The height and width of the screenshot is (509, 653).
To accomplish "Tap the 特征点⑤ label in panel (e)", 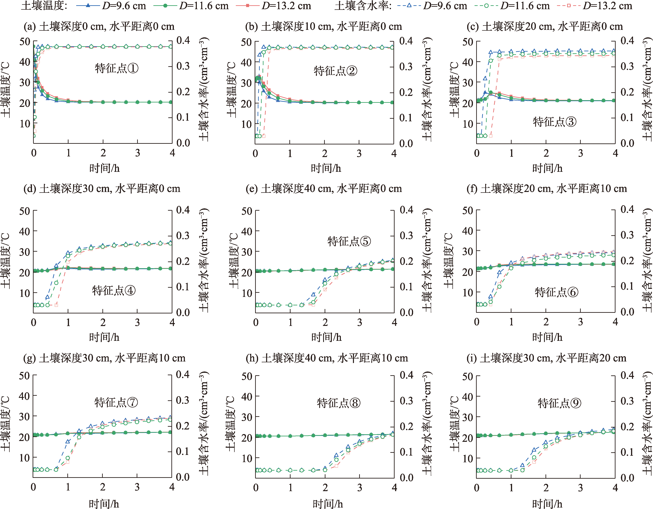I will pos(349,241).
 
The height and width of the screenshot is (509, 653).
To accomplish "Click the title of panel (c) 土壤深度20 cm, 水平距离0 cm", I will pos(545,27).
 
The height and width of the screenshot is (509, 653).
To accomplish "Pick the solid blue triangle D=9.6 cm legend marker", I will pos(88,6).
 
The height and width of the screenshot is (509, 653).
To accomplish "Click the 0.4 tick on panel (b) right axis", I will pos(406,41).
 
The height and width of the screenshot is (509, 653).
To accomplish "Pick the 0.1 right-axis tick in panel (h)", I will pos(406,452).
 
